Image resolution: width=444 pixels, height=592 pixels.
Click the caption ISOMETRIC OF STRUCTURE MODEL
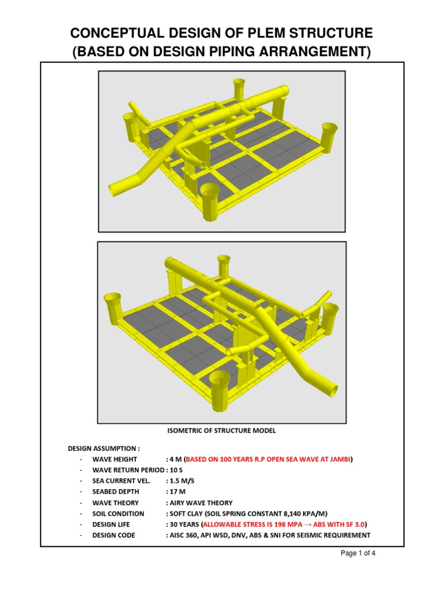pyautogui.click(x=221, y=431)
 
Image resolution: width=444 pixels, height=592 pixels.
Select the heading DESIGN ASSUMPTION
pyautogui.click(x=103, y=449)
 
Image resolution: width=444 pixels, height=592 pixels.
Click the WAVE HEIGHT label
pyautogui.click(x=114, y=460)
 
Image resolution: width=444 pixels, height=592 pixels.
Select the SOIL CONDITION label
pyautogui.click(x=118, y=514)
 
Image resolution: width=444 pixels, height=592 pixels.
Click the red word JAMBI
pyautogui.click(x=338, y=460)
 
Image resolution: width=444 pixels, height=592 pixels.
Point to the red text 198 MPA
pyautogui.click(x=282, y=524)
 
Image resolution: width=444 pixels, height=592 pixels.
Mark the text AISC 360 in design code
pyautogui.click(x=187, y=535)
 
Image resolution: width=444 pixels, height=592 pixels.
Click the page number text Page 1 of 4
pyautogui.click(x=358, y=553)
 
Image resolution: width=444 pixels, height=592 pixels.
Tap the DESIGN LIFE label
pyautogui.click(x=111, y=524)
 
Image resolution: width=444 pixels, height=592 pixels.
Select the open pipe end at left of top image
pyautogui.click(x=119, y=190)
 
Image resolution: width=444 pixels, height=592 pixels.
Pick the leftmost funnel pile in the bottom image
pyautogui.click(x=113, y=305)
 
